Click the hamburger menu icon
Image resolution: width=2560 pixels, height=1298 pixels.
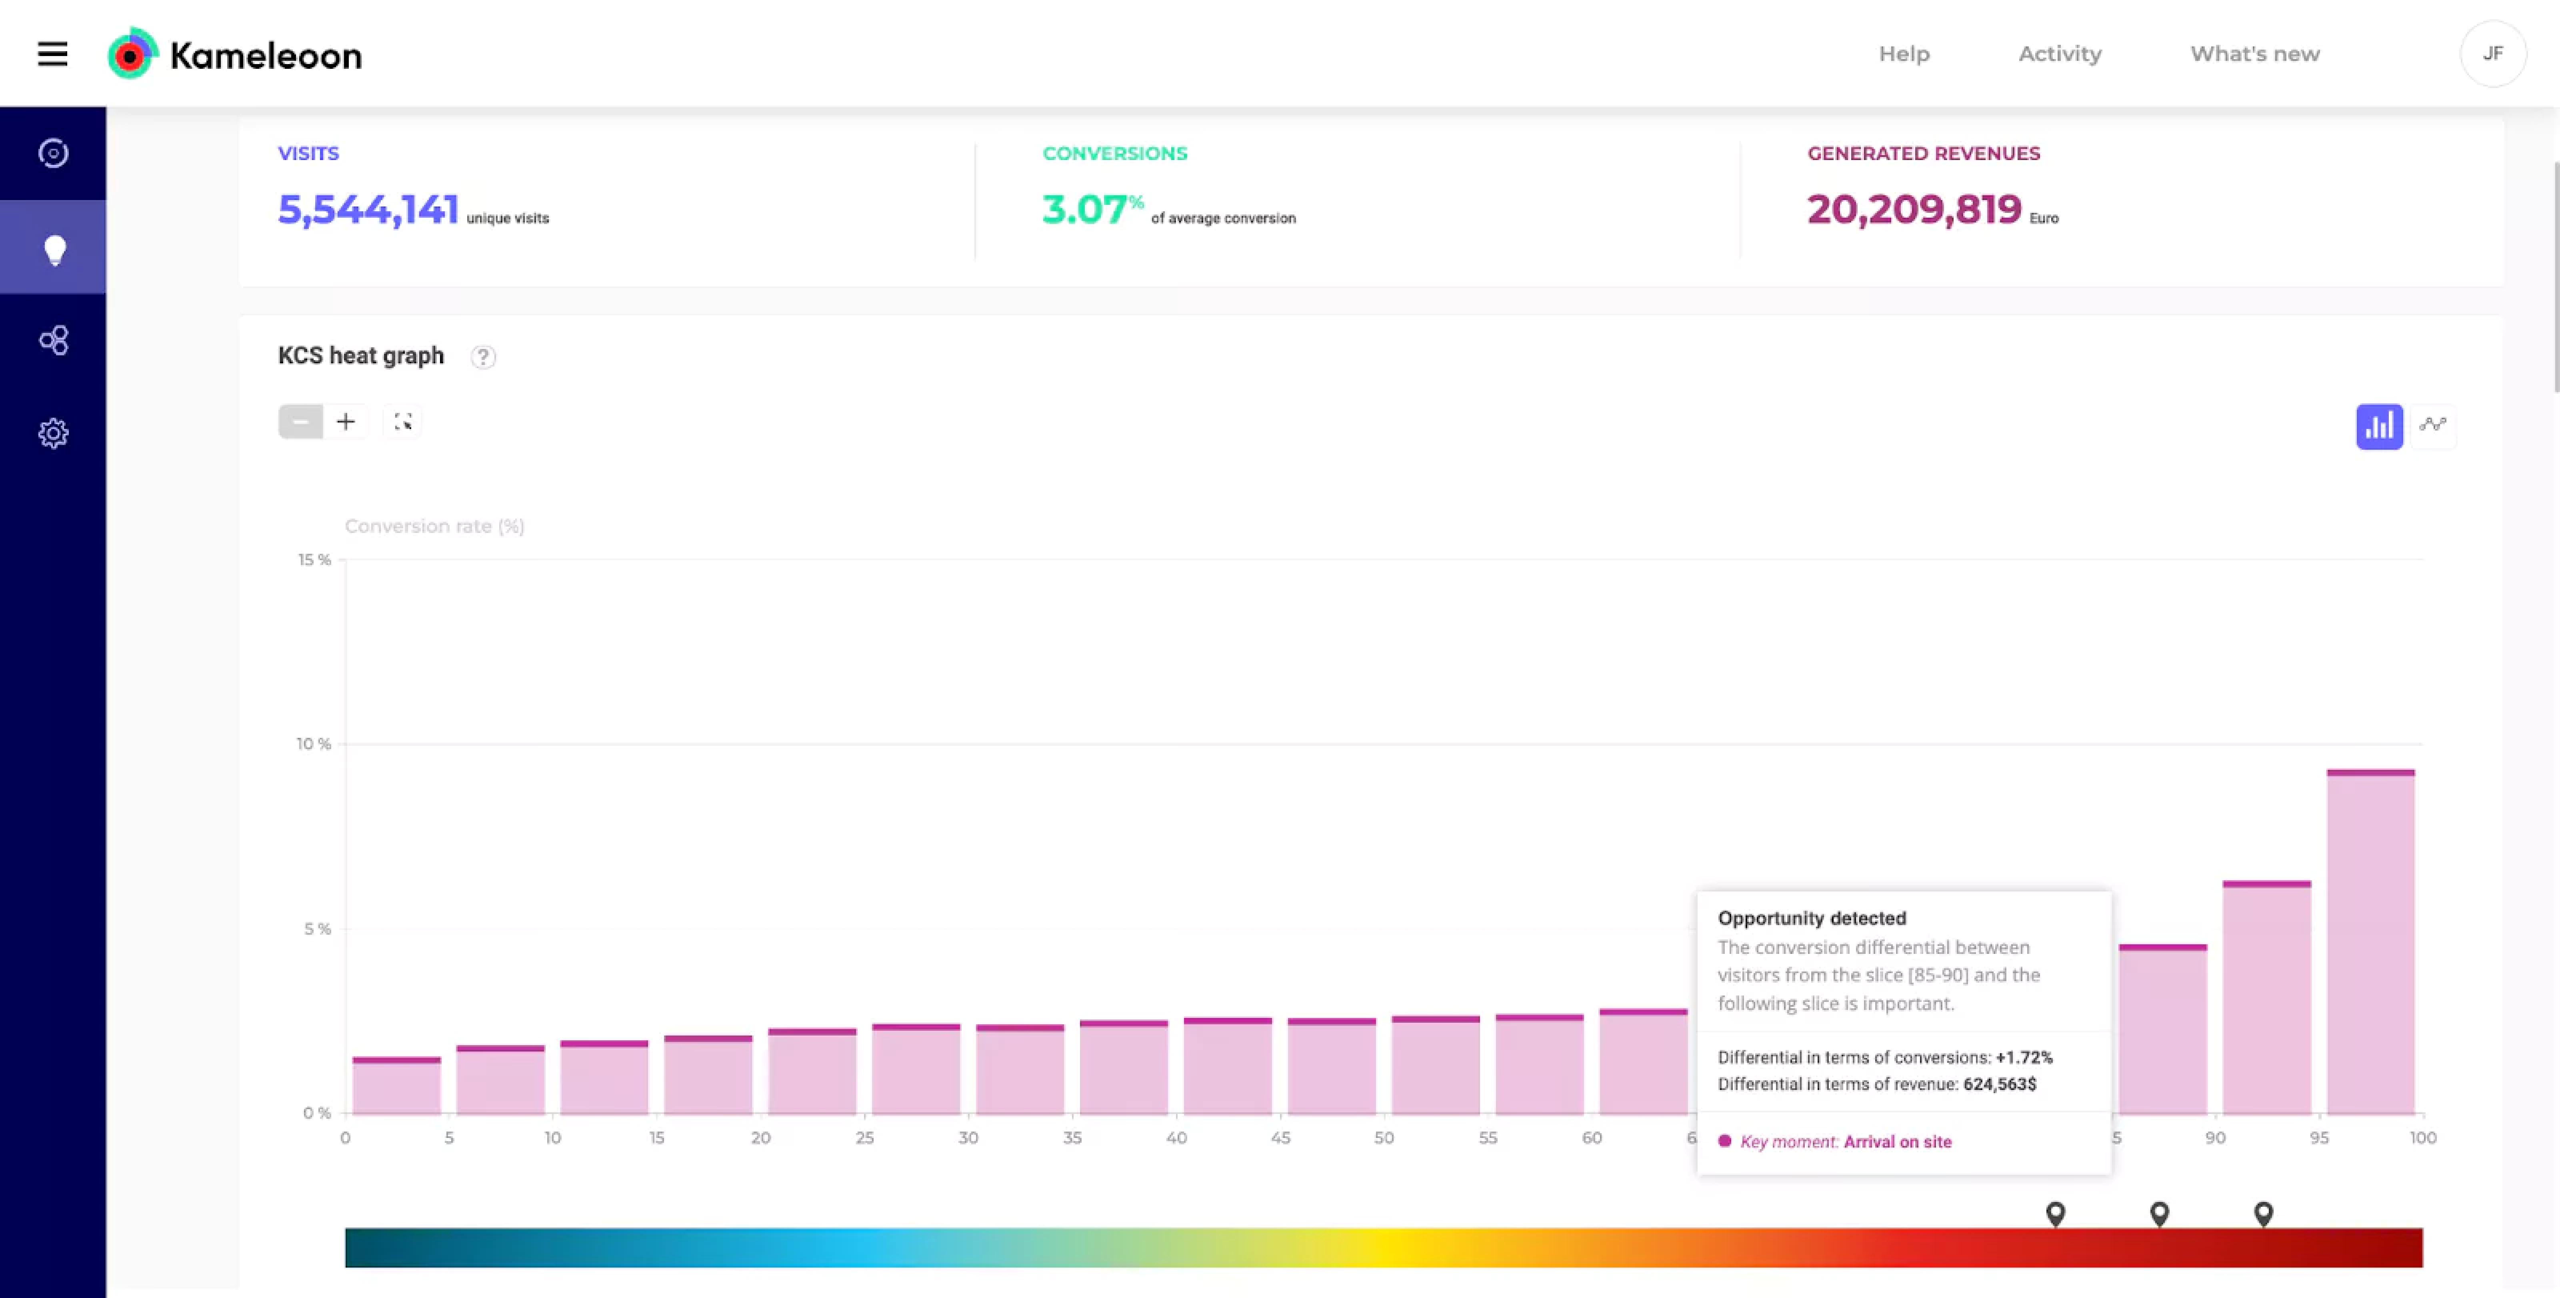coord(53,54)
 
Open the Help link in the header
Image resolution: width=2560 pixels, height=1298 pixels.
coord(1903,54)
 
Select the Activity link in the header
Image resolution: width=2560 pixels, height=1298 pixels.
coord(2059,54)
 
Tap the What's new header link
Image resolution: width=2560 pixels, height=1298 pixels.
coord(2254,54)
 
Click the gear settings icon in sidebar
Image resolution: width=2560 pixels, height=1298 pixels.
coord(54,433)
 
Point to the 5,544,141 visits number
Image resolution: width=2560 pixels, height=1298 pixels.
coord(368,210)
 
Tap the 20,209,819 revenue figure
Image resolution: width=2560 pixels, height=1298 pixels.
coord(1913,210)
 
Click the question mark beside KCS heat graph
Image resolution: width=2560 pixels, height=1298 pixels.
coord(483,357)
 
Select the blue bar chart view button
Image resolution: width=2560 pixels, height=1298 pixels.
coord(2378,427)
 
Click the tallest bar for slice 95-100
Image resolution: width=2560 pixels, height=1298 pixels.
coord(2370,944)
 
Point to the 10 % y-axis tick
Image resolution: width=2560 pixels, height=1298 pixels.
coord(313,743)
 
